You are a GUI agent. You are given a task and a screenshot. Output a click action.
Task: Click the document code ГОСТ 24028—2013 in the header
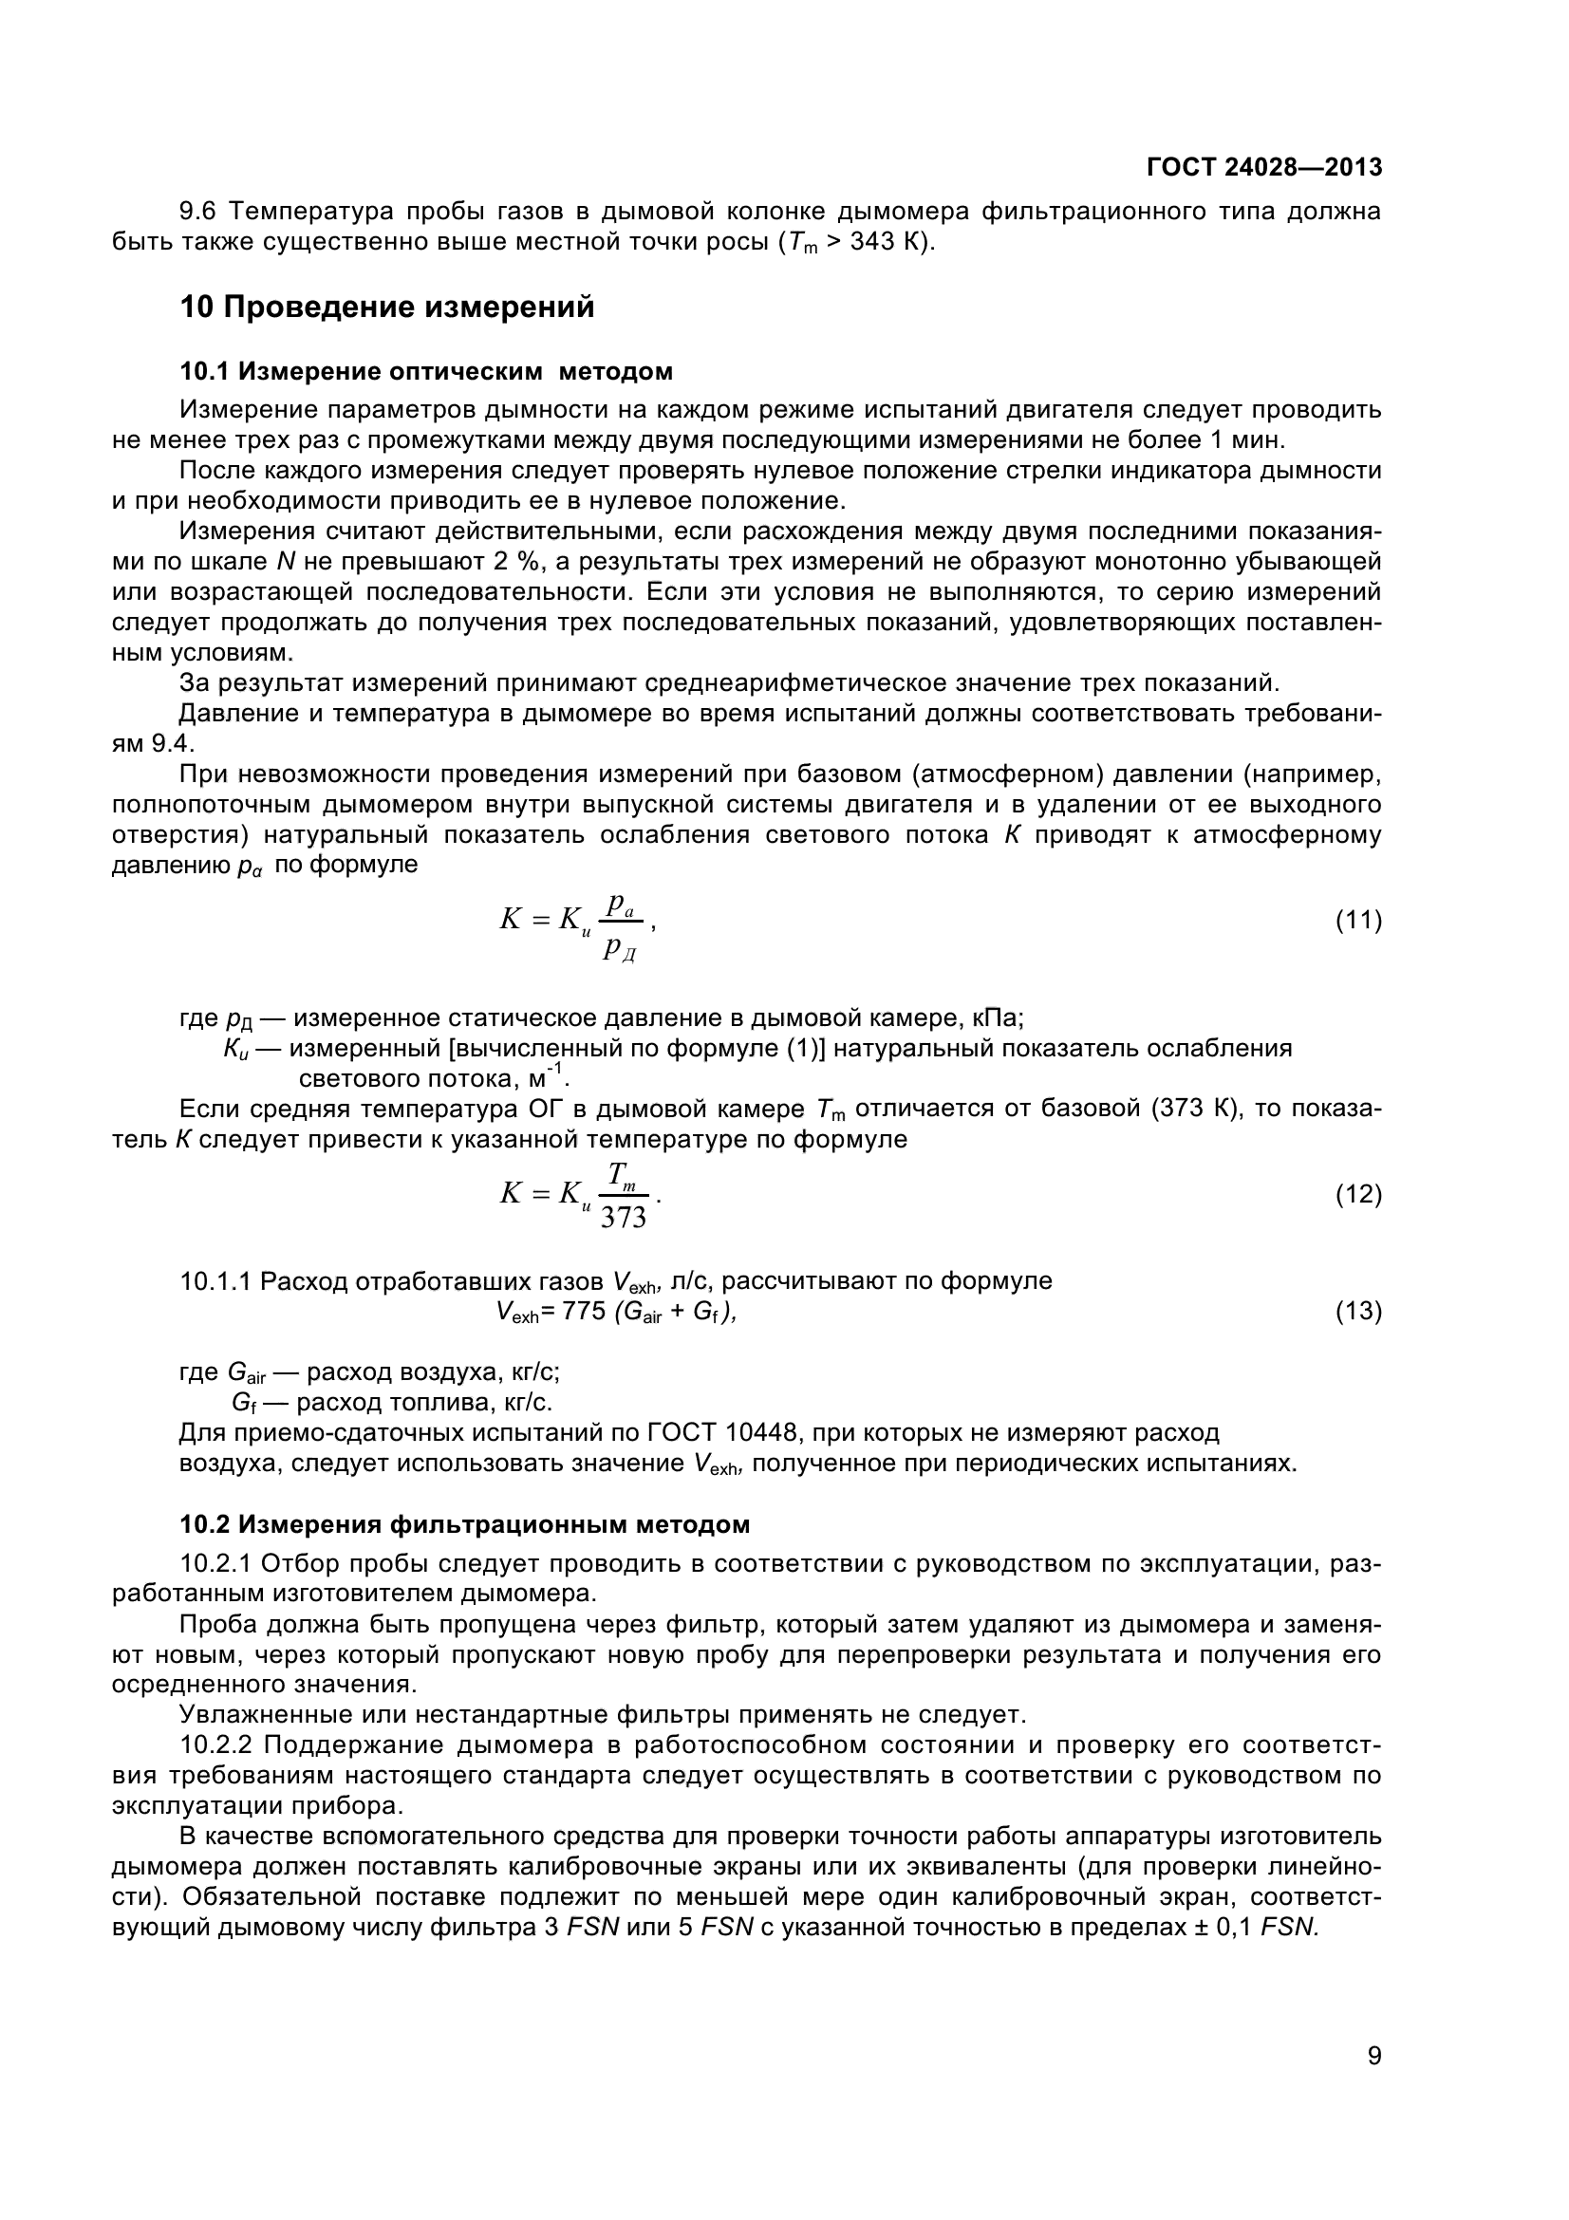point(1263,167)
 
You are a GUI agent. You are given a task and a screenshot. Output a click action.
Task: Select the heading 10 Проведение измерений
point(386,308)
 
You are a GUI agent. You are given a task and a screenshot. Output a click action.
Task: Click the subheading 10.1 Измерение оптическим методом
point(426,371)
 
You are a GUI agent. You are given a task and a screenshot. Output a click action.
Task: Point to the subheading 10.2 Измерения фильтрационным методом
point(465,1525)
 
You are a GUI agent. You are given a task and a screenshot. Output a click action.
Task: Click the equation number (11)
point(1358,921)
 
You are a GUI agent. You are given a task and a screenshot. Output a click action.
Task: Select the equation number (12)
point(1358,1195)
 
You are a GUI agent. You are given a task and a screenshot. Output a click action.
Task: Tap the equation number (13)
point(1358,1311)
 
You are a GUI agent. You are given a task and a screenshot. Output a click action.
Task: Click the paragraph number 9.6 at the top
point(199,211)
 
